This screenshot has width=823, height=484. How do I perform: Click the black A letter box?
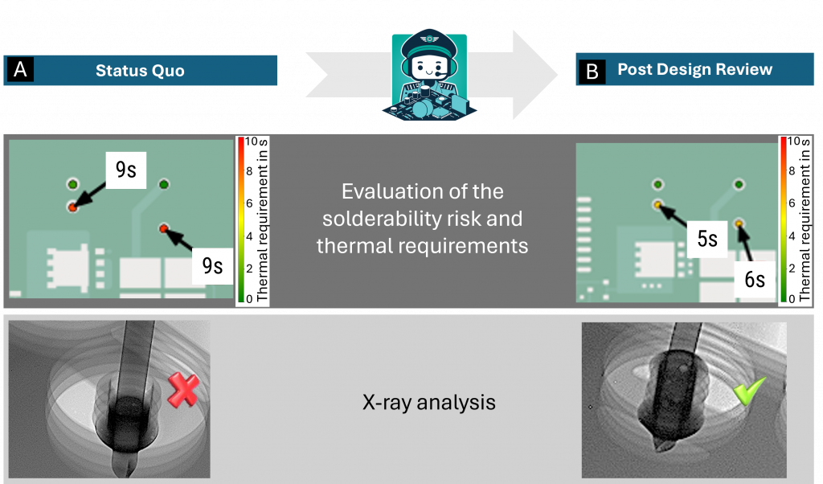(20, 70)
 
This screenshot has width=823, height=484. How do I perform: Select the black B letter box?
(592, 71)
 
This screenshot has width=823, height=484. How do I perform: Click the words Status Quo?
(140, 71)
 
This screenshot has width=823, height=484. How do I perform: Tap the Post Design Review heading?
(694, 69)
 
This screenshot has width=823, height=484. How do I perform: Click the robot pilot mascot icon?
(429, 74)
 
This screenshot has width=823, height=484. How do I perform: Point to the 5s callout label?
(707, 239)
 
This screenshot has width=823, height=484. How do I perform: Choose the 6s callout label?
(754, 279)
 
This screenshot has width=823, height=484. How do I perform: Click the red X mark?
(183, 390)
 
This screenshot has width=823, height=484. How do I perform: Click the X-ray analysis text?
(429, 403)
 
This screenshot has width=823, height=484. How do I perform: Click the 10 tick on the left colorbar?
(251, 142)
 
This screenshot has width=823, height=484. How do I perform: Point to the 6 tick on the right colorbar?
(792, 203)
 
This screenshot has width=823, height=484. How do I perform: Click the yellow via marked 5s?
(657, 205)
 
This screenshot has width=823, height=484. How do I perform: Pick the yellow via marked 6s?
(739, 224)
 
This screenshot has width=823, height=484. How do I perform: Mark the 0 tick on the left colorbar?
(249, 299)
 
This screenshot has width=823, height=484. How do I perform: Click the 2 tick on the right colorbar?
(792, 269)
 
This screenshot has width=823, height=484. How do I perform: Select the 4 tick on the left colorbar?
(249, 236)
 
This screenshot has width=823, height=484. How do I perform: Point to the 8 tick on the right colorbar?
(792, 171)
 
